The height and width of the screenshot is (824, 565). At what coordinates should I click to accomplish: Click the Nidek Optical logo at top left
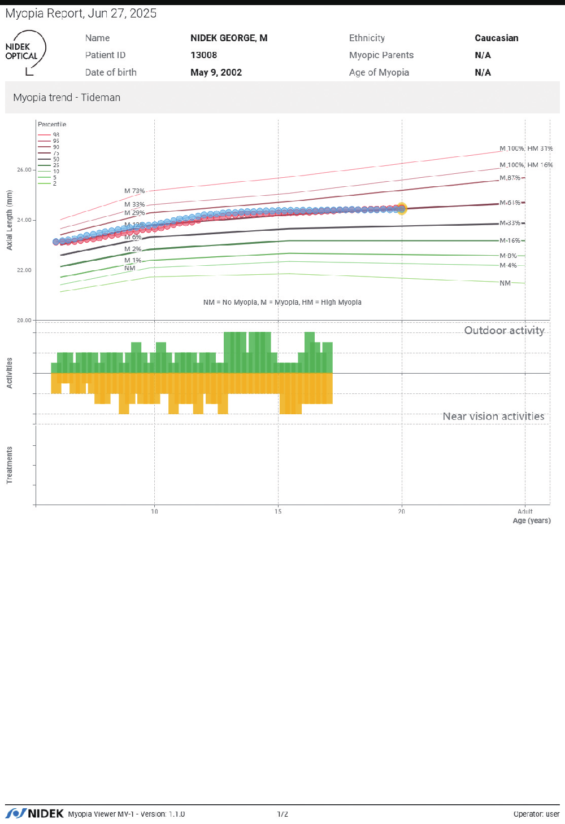(x=24, y=52)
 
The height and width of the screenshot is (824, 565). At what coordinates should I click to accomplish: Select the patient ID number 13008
(x=203, y=55)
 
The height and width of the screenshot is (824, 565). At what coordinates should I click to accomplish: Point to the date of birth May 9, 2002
(x=216, y=72)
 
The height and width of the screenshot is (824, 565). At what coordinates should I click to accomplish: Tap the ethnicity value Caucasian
(x=496, y=38)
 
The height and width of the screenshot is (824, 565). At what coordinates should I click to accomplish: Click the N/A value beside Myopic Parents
(x=483, y=55)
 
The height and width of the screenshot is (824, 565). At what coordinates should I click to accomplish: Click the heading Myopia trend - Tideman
(x=67, y=98)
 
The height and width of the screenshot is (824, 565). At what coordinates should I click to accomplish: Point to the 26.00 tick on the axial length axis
(x=24, y=170)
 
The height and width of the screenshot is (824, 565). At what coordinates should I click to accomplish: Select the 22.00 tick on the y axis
(x=24, y=270)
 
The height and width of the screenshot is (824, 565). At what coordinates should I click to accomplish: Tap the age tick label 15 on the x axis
(x=278, y=511)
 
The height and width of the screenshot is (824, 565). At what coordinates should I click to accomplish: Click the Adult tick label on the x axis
(x=525, y=511)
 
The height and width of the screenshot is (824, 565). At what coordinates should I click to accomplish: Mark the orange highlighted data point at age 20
(x=402, y=209)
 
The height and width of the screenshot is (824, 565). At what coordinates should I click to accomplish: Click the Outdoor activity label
(x=504, y=331)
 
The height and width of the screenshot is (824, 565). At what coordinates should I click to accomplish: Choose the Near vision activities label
(x=493, y=417)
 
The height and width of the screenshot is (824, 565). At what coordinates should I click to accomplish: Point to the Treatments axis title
(x=10, y=465)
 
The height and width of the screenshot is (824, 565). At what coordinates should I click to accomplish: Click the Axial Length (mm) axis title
(x=10, y=220)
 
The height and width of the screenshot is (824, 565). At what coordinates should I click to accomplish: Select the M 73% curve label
(x=134, y=191)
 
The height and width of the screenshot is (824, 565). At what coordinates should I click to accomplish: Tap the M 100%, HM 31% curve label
(x=526, y=148)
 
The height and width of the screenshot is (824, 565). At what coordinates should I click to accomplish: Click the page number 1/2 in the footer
(x=282, y=814)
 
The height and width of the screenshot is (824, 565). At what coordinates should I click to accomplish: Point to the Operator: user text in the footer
(x=536, y=814)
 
